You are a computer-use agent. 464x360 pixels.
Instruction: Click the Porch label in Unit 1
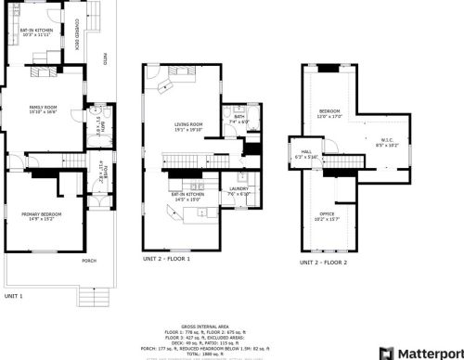(x=89, y=261)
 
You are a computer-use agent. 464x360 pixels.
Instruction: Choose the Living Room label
(x=188, y=127)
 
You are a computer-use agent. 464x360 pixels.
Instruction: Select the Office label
(x=328, y=216)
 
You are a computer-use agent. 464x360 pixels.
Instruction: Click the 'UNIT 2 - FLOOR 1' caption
(x=167, y=259)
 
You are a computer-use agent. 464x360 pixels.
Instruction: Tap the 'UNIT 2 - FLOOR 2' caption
(x=323, y=263)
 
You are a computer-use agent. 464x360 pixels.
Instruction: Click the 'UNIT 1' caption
(x=14, y=295)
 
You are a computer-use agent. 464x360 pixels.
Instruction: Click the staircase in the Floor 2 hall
(x=345, y=163)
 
